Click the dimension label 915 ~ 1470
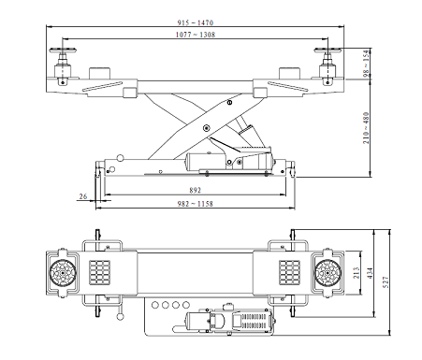point(196,22)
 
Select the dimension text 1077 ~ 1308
point(196,35)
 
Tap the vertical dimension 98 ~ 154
point(366,64)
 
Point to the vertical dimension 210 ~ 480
point(366,128)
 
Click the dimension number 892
point(196,190)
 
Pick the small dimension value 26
point(83,196)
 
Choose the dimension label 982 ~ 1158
point(196,204)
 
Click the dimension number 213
point(357,273)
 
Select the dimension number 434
point(371,273)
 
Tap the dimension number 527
point(386,282)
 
